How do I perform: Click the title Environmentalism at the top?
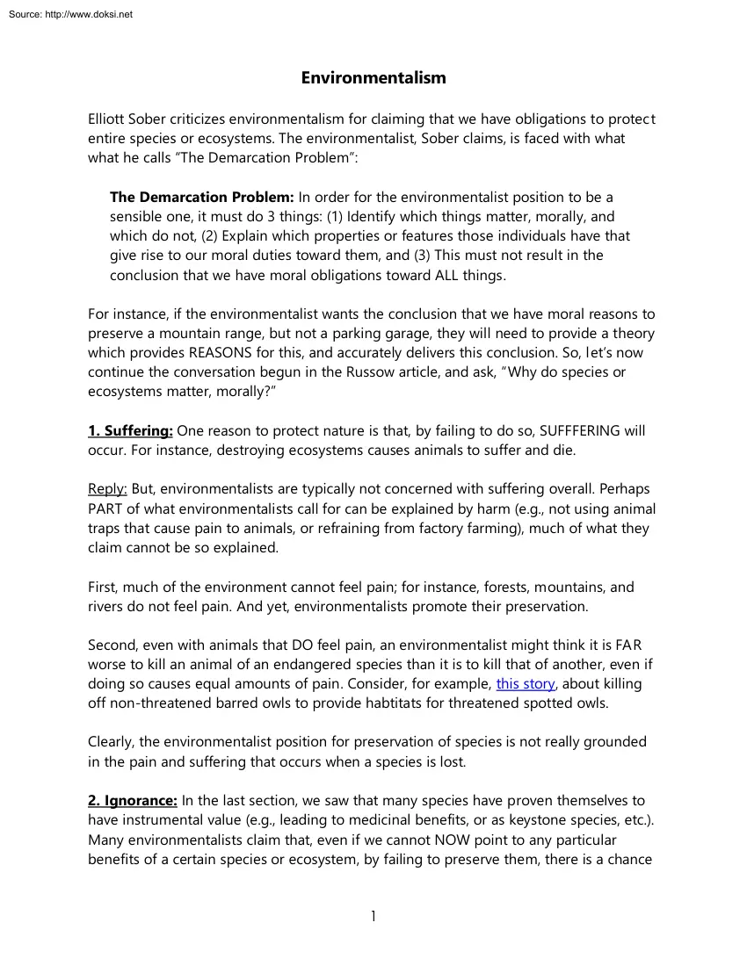(373, 78)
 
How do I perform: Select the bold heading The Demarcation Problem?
(202, 198)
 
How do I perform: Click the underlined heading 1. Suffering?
(131, 431)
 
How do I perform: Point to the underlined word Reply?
(107, 489)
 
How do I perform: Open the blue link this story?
(526, 683)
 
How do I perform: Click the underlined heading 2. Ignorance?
(133, 800)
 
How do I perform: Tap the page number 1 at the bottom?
(373, 916)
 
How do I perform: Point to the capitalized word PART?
(106, 508)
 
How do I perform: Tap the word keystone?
(523, 819)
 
